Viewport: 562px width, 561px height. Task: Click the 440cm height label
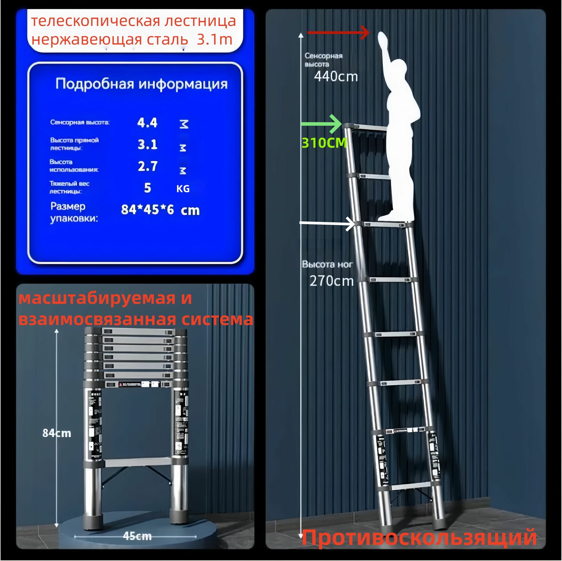336,77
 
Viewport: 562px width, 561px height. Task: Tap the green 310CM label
324,143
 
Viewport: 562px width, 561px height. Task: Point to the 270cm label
331,281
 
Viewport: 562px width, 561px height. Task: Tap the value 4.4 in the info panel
147,123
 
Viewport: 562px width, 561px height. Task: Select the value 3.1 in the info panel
148,145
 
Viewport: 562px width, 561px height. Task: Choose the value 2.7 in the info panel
148,166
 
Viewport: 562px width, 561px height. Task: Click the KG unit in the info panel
183,189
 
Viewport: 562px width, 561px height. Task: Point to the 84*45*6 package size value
148,209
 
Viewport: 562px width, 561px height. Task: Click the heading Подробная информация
141,84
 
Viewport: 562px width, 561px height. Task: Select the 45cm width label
137,536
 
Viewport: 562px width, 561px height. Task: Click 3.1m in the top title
214,39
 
